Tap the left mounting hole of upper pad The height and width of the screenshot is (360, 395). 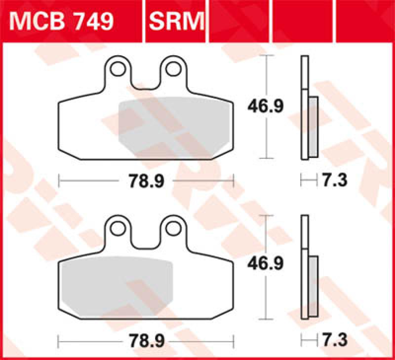pyautogui.click(x=118, y=69)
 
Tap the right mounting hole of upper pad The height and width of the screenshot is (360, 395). pyautogui.click(x=173, y=69)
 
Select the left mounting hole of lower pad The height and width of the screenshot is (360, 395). pyautogui.click(x=118, y=227)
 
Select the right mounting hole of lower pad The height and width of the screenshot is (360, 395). pyautogui.click(x=173, y=227)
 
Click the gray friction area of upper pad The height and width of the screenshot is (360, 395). pyautogui.click(x=173, y=126)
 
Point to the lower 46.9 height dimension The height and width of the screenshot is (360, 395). pyautogui.click(x=266, y=265)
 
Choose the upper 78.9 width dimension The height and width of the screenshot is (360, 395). pyautogui.click(x=147, y=181)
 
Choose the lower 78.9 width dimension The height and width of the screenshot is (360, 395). pyautogui.click(x=147, y=340)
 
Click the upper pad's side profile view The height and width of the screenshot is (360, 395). pyautogui.click(x=305, y=108)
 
